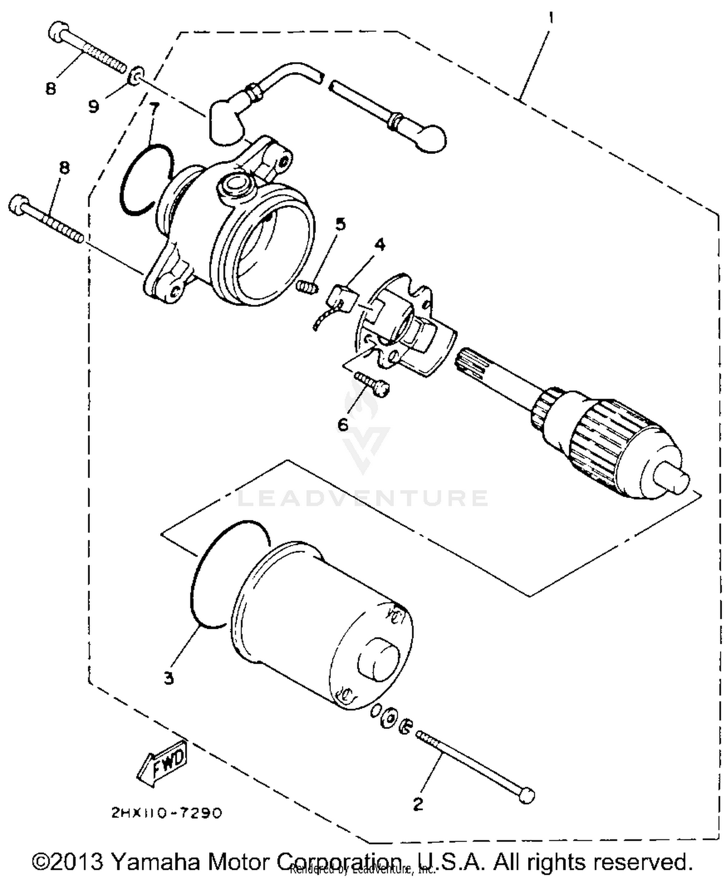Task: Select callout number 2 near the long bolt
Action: [418, 804]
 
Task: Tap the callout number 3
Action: [168, 679]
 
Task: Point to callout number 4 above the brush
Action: [380, 244]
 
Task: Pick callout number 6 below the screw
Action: [343, 425]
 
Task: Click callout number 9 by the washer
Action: [93, 106]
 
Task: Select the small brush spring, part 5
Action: [306, 287]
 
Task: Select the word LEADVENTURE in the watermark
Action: [363, 498]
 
